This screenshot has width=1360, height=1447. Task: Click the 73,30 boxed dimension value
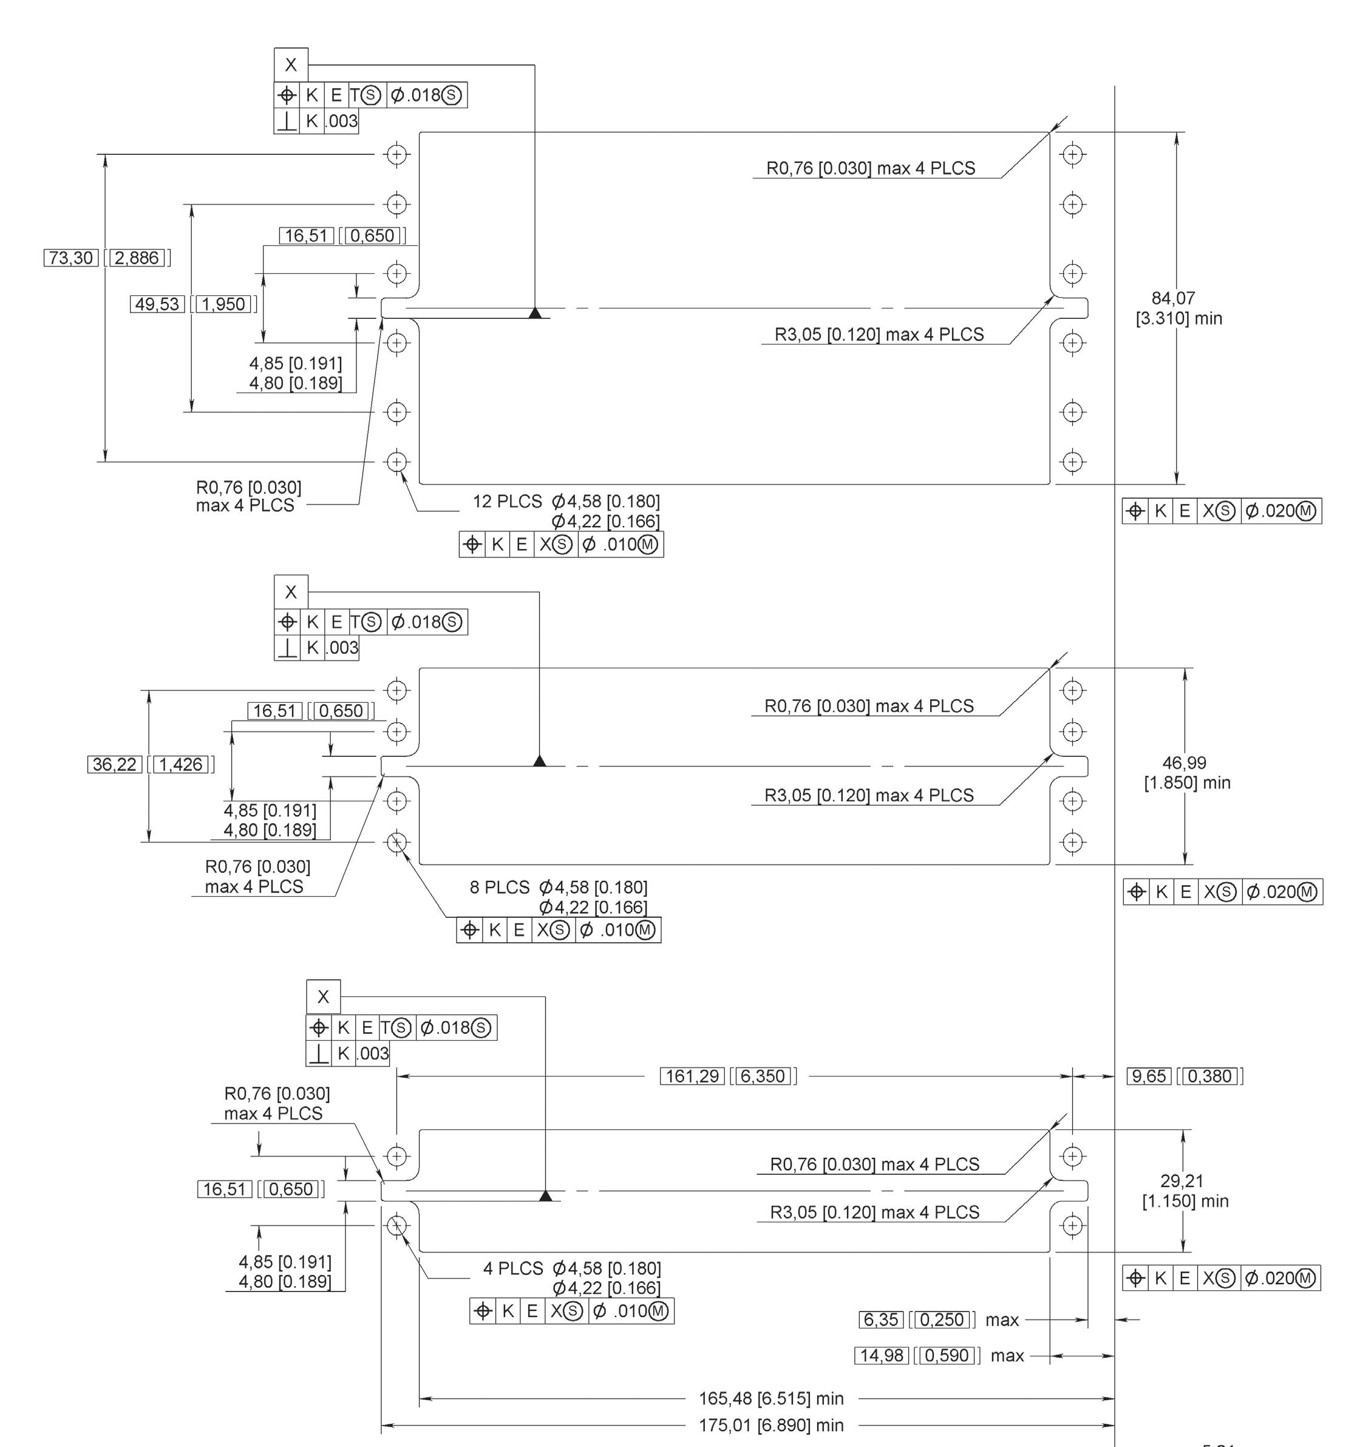[x=71, y=258]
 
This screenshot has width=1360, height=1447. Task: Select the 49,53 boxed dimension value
[x=157, y=304]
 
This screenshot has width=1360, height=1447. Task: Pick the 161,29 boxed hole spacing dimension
[x=692, y=1076]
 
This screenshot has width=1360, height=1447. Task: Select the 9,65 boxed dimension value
[x=1149, y=1076]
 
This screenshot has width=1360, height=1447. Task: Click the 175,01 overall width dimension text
[x=770, y=1425]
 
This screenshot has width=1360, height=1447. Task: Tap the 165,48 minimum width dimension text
[x=770, y=1398]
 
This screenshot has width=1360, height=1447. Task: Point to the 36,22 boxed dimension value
[x=115, y=764]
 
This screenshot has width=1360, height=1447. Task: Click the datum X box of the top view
[x=290, y=65]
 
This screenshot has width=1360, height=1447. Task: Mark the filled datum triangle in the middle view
[x=539, y=761]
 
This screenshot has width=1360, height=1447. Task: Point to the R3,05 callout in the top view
[x=879, y=335]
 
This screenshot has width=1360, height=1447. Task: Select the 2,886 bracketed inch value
[x=138, y=258]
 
